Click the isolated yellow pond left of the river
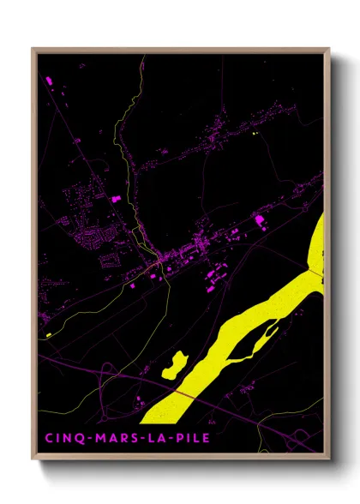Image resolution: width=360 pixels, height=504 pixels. [x=175, y=363]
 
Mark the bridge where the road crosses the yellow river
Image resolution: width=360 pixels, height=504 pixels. [x=181, y=391]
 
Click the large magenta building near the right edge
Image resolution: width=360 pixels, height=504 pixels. [x=259, y=221]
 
